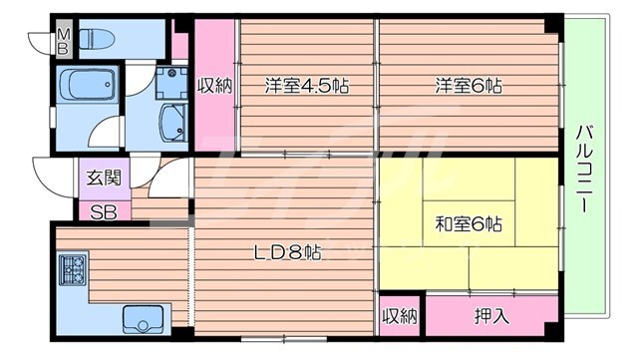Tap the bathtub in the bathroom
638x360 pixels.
(87, 86)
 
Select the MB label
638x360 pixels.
(62, 41)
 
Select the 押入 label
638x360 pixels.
(487, 316)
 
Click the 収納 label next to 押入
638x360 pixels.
(400, 316)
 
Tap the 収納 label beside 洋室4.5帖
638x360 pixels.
(214, 86)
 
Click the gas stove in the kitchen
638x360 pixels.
(73, 269)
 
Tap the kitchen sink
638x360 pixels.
(143, 319)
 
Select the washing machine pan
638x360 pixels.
(171, 83)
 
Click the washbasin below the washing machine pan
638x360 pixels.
(172, 123)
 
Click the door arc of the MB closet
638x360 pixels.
(40, 43)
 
